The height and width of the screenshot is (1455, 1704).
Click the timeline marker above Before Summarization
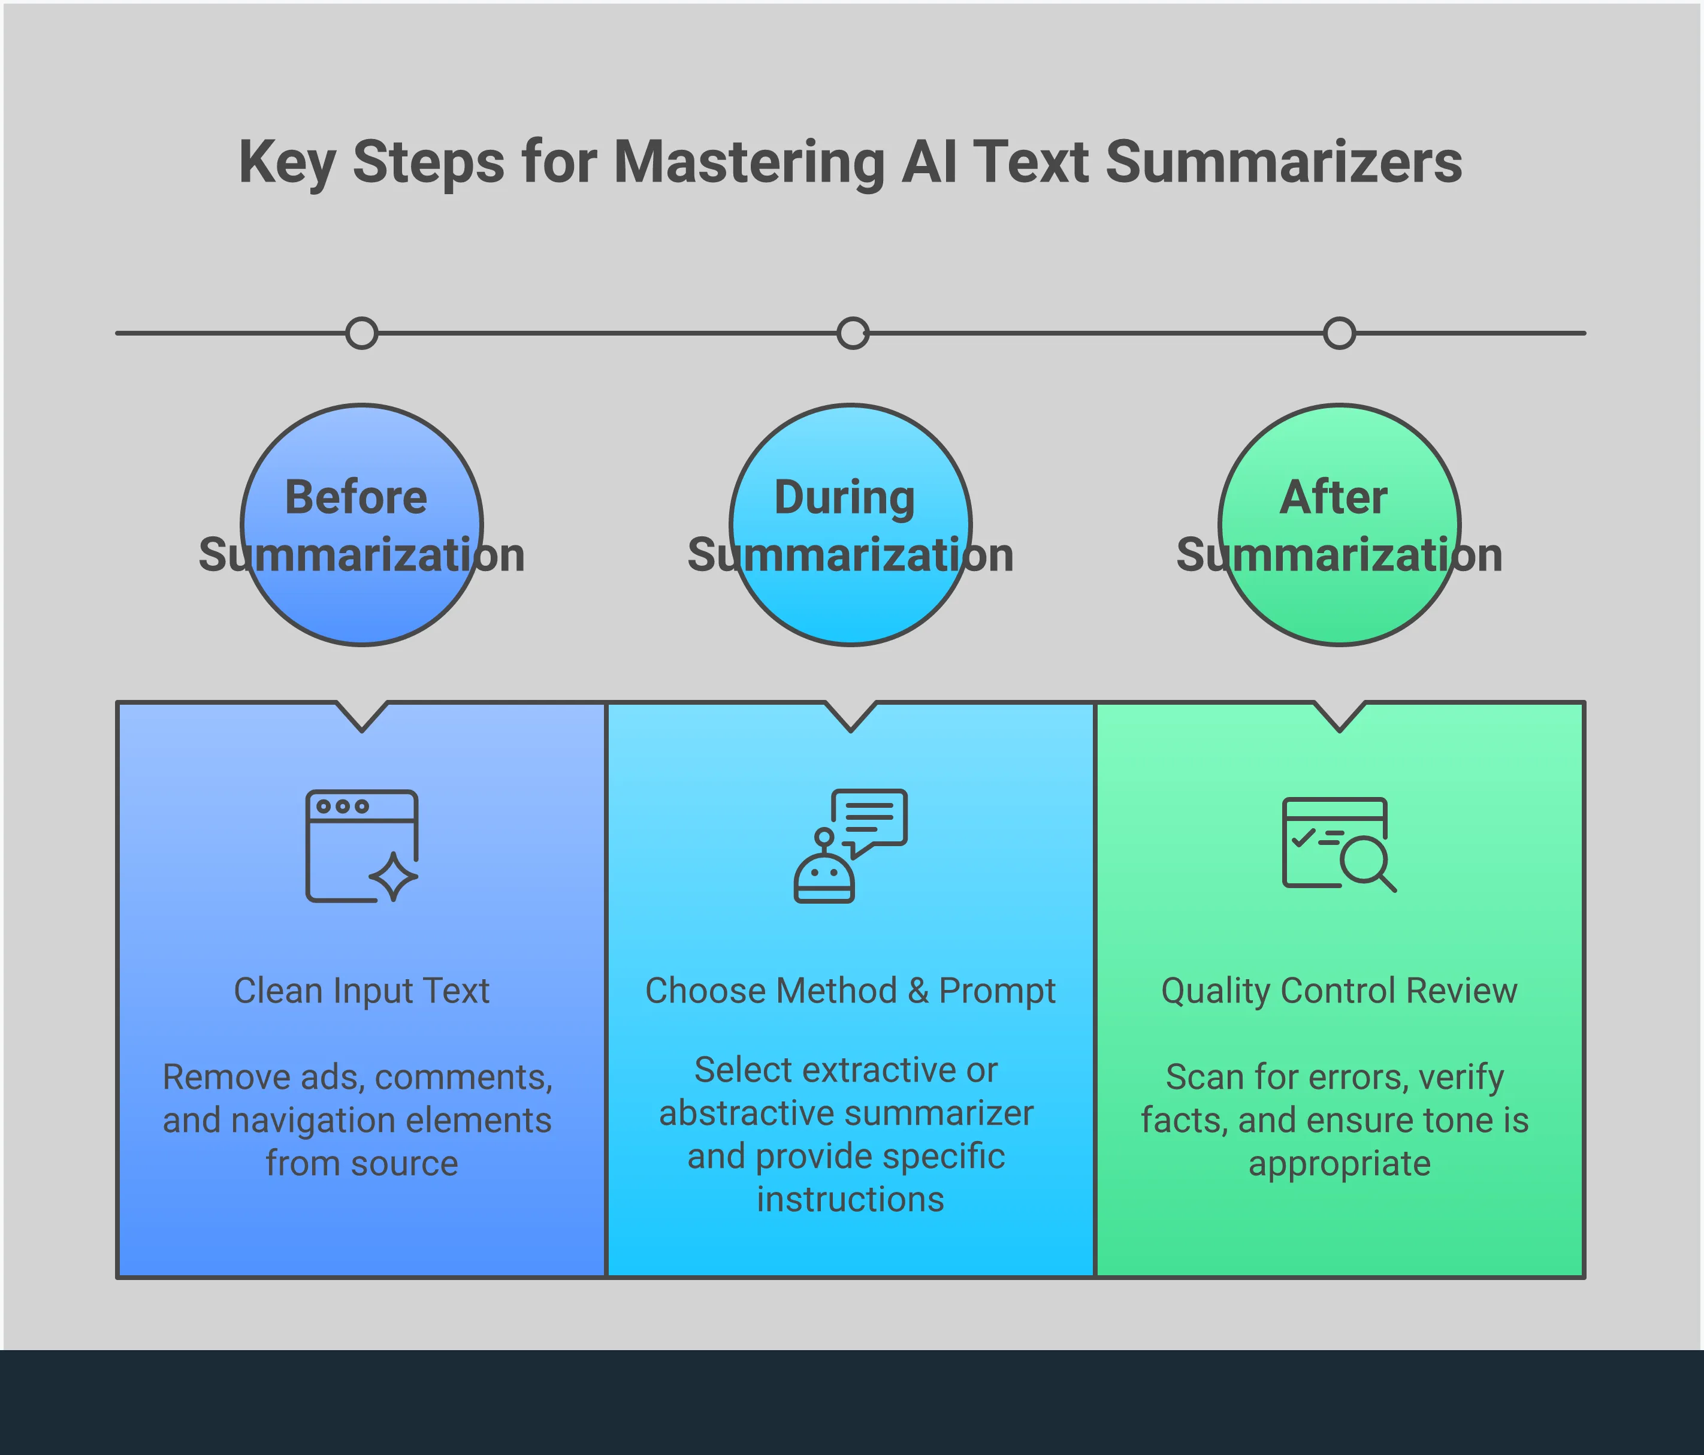(362, 333)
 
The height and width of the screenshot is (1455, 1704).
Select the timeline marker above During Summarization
(853, 333)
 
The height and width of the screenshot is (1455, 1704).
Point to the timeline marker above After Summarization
(1340, 333)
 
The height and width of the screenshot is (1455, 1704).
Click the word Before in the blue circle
(356, 497)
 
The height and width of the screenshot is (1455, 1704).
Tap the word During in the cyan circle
(845, 497)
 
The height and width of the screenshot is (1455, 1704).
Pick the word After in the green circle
(1334, 497)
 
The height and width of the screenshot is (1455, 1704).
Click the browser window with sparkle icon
(362, 846)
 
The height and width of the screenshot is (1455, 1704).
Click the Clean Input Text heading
(362, 991)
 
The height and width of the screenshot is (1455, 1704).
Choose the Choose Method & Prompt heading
(850, 991)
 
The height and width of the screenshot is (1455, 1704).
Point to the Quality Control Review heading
(1339, 991)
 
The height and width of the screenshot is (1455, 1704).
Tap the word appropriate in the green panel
(1339, 1164)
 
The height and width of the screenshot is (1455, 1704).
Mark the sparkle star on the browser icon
(393, 877)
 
